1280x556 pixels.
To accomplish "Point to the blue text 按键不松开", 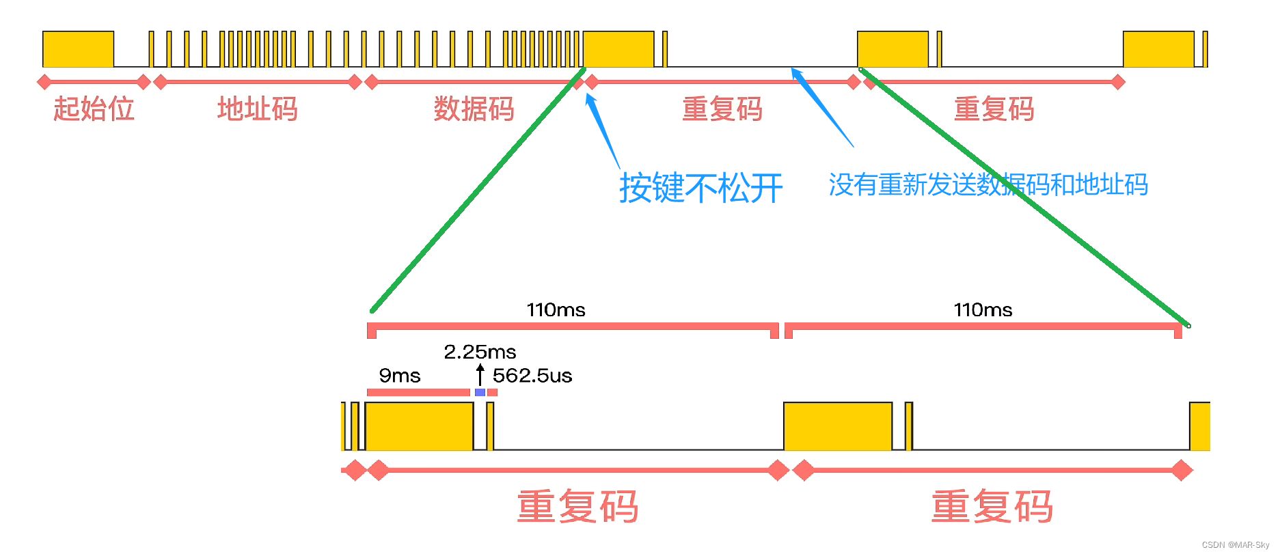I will click(x=700, y=188).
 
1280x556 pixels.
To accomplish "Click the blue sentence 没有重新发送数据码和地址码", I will click(x=988, y=185).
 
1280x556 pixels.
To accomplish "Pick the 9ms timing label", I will click(x=400, y=376).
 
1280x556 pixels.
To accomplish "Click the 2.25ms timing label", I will click(x=480, y=352).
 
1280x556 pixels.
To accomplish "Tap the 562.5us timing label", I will click(x=532, y=376).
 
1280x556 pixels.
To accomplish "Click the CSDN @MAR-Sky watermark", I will click(x=1235, y=545).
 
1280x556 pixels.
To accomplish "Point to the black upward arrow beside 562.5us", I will click(x=480, y=374).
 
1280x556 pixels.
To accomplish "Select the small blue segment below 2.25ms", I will click(x=480, y=393).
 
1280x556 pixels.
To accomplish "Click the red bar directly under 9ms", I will click(x=418, y=393).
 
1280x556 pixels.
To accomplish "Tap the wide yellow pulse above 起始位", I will click(x=78, y=49).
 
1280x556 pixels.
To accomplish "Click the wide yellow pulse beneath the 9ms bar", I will click(x=419, y=426).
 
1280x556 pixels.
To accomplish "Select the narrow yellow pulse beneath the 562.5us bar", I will click(x=490, y=426).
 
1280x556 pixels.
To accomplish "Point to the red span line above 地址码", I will click(x=257, y=82).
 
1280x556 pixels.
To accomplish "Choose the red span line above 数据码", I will click(x=474, y=82).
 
